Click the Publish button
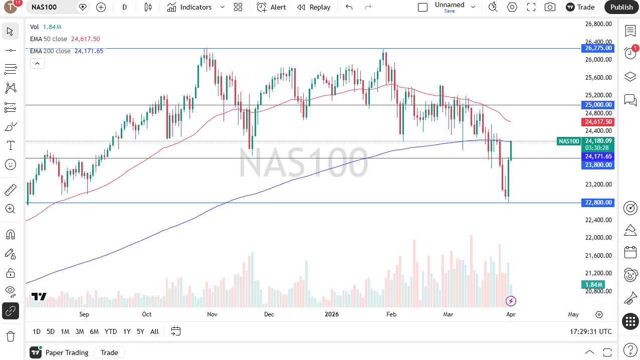coord(621,7)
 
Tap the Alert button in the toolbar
coord(271,7)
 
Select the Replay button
coord(314,7)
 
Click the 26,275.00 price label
coord(598,48)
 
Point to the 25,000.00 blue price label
coord(598,105)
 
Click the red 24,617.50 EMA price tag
coord(598,122)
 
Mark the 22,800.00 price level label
coord(598,203)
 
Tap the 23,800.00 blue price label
coord(598,164)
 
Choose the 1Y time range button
coord(127,331)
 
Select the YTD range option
coord(111,331)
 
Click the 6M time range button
coord(94,331)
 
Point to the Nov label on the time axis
coord(212,314)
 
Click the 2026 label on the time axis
coord(331,314)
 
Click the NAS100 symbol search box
coord(50,7)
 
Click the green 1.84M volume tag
coord(589,285)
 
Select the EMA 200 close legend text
coord(50,51)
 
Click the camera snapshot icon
coord(550,7)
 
